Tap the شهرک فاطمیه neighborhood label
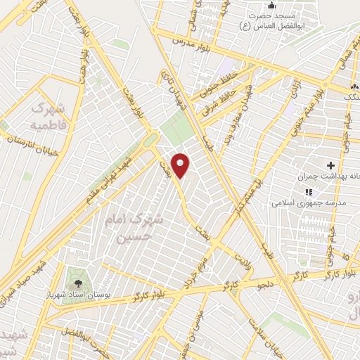pos(48,117)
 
